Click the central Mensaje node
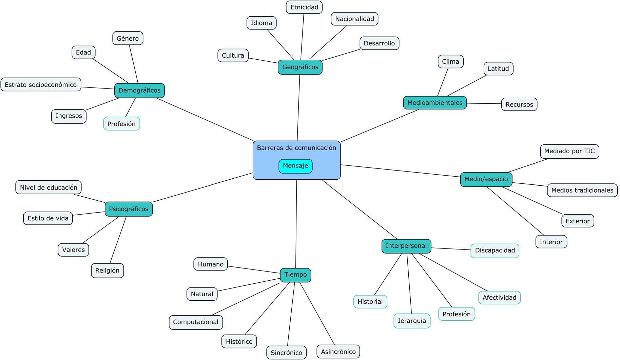click(x=295, y=166)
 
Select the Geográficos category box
click(x=300, y=67)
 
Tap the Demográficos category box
click(x=139, y=91)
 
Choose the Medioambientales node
click(x=435, y=103)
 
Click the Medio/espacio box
click(x=486, y=179)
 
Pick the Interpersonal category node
click(x=406, y=246)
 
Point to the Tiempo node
click(x=295, y=275)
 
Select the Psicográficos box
click(x=129, y=209)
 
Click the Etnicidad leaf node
click(x=304, y=7)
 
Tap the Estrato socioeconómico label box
click(x=41, y=84)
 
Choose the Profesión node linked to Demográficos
click(x=121, y=124)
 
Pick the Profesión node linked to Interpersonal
click(x=457, y=314)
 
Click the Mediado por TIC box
click(x=569, y=151)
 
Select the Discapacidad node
click(x=495, y=251)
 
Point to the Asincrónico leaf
click(x=338, y=352)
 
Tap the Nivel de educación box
click(x=49, y=187)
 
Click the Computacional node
click(x=196, y=322)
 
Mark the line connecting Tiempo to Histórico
click(x=267, y=308)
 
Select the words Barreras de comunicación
click(x=296, y=148)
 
